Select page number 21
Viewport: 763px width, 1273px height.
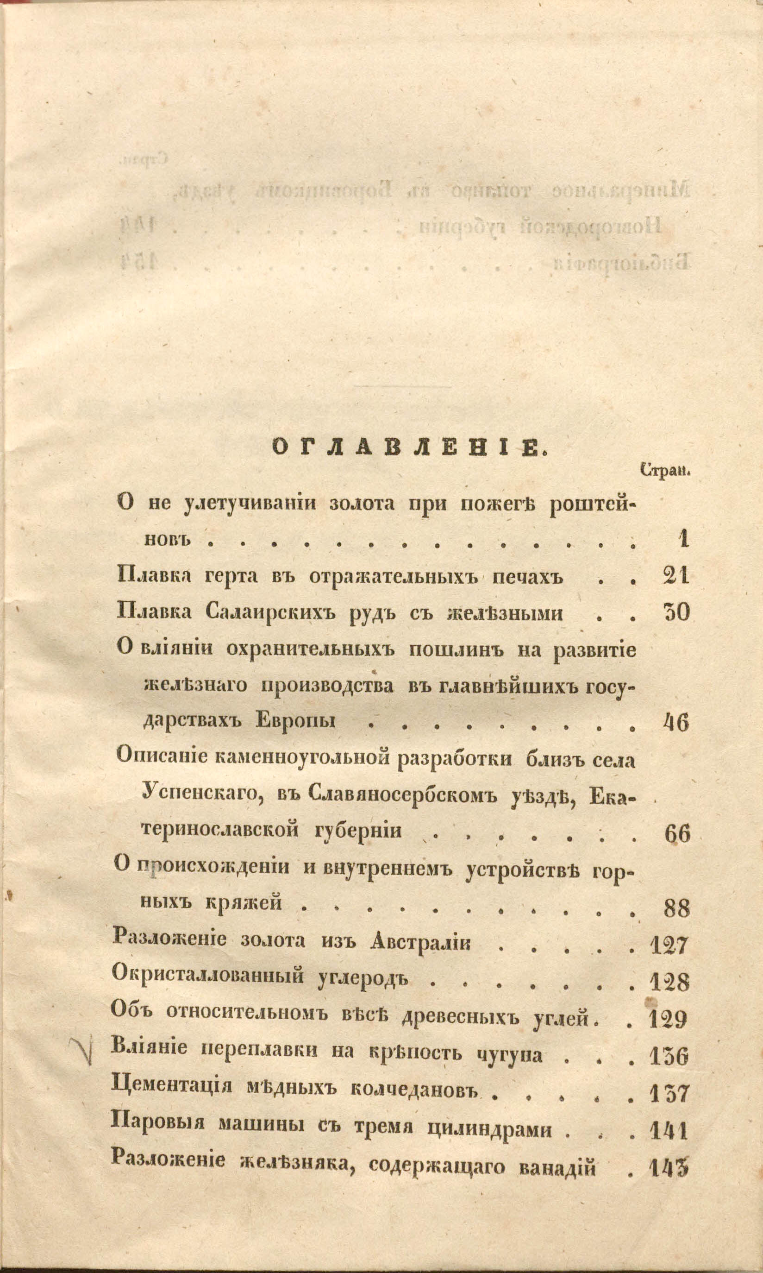tap(675, 577)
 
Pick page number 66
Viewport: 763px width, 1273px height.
tap(676, 834)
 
